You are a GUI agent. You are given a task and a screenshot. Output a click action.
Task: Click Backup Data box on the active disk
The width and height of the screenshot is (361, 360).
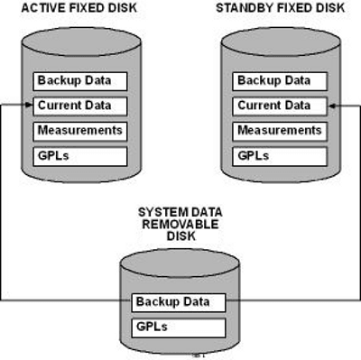[80, 81]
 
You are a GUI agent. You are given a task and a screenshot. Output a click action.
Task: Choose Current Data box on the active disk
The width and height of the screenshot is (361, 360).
[80, 106]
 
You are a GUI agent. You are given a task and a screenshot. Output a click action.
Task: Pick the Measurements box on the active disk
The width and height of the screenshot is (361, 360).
[80, 131]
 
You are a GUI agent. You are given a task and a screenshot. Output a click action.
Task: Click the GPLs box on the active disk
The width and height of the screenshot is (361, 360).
[80, 155]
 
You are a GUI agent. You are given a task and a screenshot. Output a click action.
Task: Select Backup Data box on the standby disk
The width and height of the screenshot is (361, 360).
[279, 81]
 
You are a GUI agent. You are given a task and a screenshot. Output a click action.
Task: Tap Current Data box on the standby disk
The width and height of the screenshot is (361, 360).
[279, 106]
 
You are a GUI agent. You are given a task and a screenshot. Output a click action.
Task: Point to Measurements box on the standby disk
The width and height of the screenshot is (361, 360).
[279, 131]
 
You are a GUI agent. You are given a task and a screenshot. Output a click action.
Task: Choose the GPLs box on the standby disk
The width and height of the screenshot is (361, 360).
[279, 155]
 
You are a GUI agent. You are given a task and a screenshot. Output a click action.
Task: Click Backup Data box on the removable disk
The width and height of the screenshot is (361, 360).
[177, 301]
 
